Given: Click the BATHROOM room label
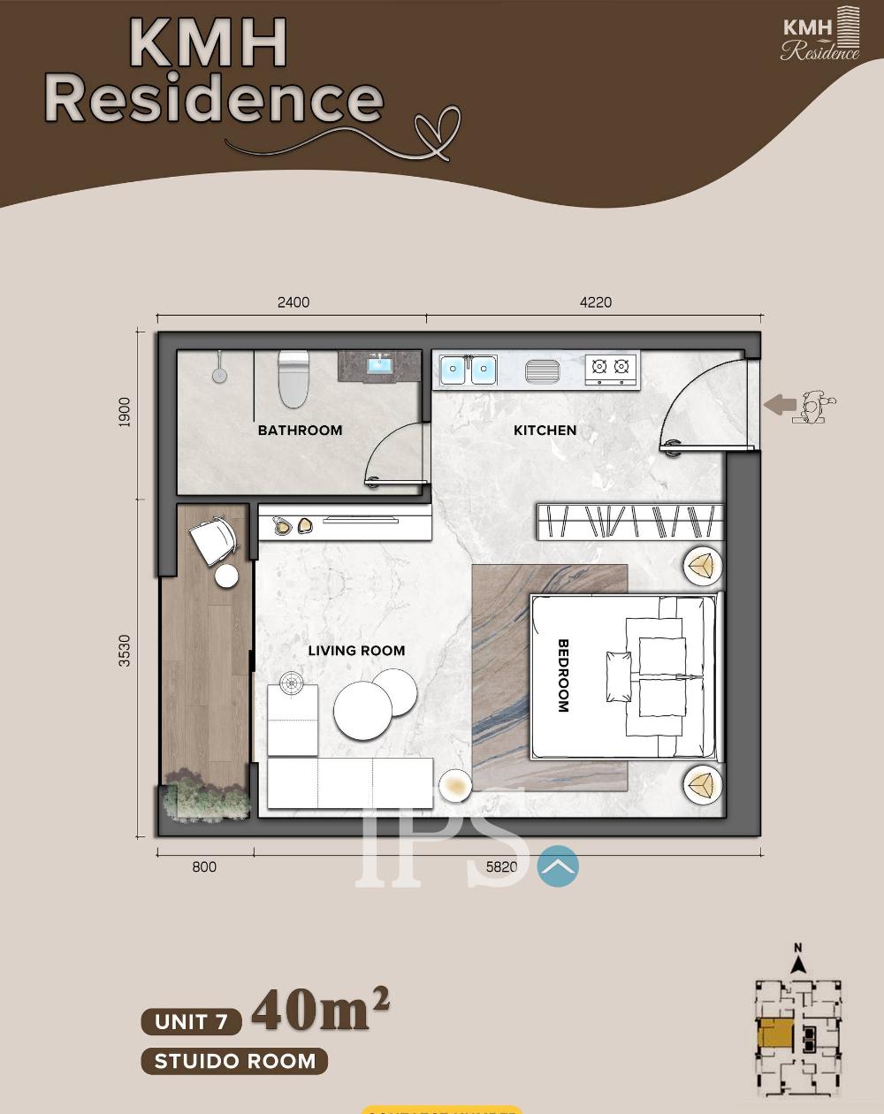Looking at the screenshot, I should [x=300, y=431].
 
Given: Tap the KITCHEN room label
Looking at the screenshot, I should [x=545, y=431].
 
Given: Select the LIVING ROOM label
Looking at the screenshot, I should [x=356, y=651].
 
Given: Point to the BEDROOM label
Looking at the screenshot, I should [x=563, y=675].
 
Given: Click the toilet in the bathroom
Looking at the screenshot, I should [x=293, y=378].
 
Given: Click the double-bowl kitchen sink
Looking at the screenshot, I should [x=469, y=370].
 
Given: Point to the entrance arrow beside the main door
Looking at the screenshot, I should [x=780, y=405].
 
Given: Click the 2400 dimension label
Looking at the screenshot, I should [x=293, y=302].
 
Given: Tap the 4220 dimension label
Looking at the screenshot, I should [x=596, y=302].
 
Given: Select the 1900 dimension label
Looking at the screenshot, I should [x=125, y=413].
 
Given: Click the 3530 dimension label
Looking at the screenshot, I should [x=125, y=651].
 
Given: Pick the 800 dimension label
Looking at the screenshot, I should [x=204, y=867].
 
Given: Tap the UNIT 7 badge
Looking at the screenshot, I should [x=192, y=1022].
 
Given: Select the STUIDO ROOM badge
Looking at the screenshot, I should [x=234, y=1061].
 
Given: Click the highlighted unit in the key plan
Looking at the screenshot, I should [x=774, y=1034].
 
